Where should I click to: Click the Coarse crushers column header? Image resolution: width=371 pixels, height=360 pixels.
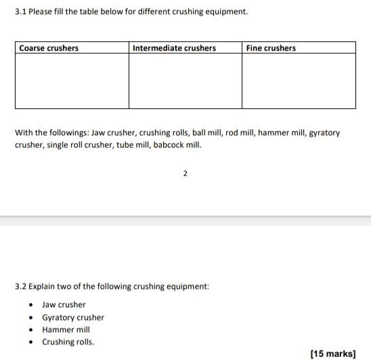pos(49,48)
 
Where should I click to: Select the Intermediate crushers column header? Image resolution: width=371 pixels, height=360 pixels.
pos(174,48)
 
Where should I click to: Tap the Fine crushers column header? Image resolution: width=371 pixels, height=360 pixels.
pos(271,48)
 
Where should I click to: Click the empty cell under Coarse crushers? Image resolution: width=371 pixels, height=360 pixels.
pos(72,81)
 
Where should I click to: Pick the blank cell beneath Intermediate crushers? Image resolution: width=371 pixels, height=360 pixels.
pos(185,81)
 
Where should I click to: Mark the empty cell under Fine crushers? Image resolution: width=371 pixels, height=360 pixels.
pos(299,81)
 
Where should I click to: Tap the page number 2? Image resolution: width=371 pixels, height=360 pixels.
pos(185,174)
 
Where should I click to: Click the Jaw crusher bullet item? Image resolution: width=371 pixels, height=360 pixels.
pos(64,305)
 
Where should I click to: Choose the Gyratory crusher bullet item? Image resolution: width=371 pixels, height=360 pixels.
pos(73,317)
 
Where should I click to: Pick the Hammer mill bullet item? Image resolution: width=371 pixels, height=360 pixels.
pos(66,330)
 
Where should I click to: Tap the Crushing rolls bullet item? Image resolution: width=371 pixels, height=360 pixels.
pos(68,342)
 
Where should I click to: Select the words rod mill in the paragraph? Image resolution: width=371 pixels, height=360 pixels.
pos(241,133)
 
